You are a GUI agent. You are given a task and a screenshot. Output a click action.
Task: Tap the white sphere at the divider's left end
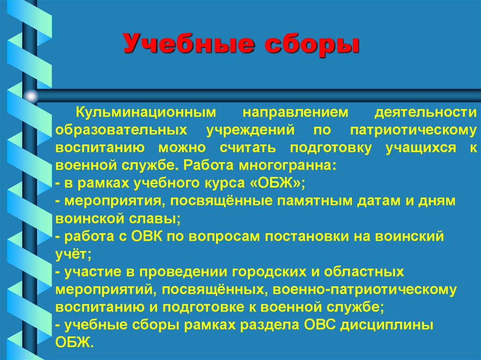point(31,96)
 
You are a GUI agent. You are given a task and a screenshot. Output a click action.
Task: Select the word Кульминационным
point(147,113)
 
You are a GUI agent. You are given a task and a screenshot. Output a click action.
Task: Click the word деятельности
point(425,113)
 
